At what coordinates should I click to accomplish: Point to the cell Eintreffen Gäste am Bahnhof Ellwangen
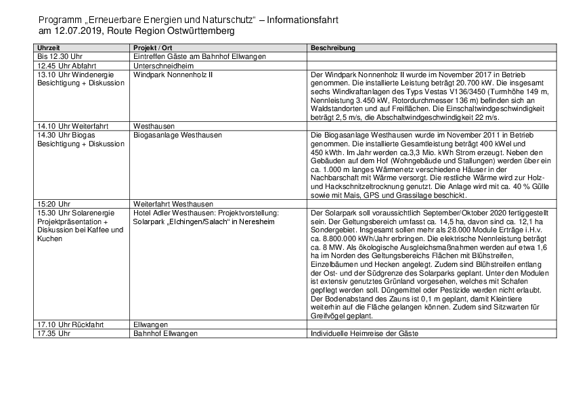(199, 57)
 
